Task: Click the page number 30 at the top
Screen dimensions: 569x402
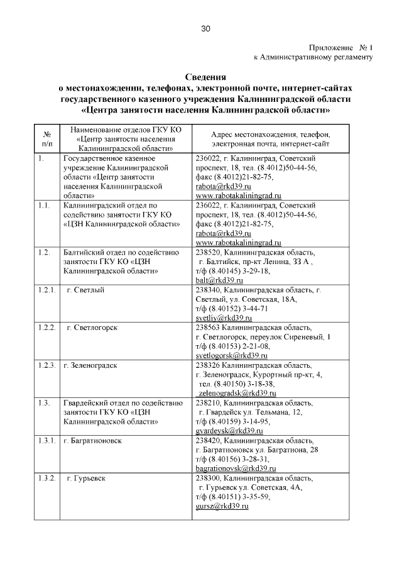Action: click(x=205, y=28)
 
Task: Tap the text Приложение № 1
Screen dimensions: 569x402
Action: click(x=341, y=47)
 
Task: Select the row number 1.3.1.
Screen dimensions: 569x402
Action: click(x=47, y=440)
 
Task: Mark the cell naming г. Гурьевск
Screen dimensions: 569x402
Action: click(x=86, y=478)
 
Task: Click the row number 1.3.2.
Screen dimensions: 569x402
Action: click(x=47, y=478)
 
